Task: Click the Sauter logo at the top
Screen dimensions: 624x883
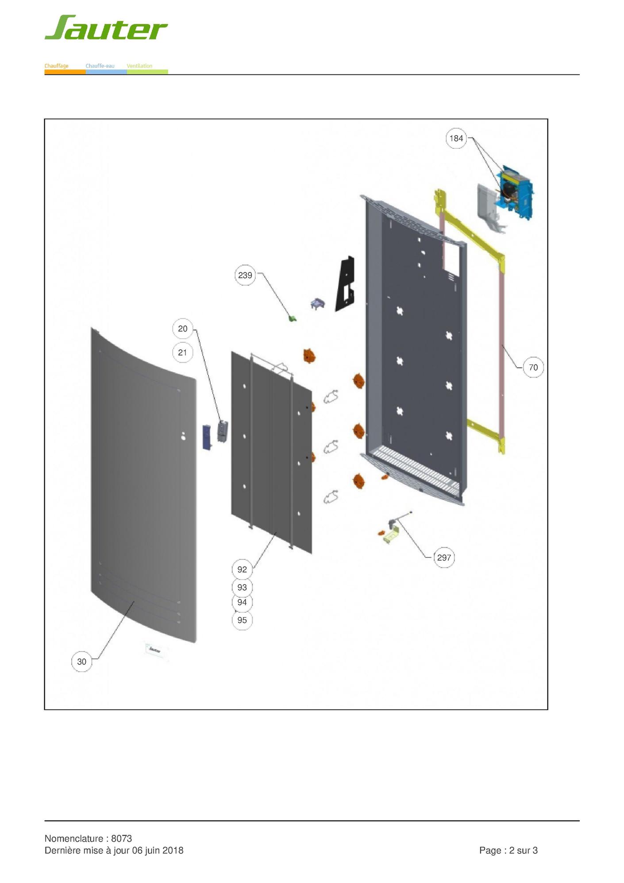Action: (x=106, y=27)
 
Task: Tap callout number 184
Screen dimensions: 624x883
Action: (x=456, y=138)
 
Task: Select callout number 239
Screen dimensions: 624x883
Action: (x=245, y=275)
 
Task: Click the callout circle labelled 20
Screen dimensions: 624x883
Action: (x=183, y=329)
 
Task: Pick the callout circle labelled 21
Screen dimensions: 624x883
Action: (x=183, y=352)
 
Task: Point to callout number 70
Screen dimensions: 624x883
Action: (x=533, y=367)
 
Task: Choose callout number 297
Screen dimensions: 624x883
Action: (x=444, y=558)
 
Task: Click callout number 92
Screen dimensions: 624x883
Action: (x=242, y=569)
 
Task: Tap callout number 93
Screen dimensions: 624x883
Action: (x=242, y=587)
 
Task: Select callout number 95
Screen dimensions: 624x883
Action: (x=242, y=620)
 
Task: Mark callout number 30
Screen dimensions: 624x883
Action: (x=82, y=662)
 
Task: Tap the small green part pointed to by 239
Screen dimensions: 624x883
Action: (x=292, y=318)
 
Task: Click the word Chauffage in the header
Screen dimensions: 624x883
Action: (x=56, y=66)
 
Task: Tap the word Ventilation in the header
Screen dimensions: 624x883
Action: (x=139, y=66)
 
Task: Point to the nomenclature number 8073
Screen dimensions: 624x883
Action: (x=121, y=838)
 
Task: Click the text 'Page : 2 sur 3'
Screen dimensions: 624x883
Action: (x=508, y=850)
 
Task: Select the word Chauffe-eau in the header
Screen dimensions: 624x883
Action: (x=100, y=66)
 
